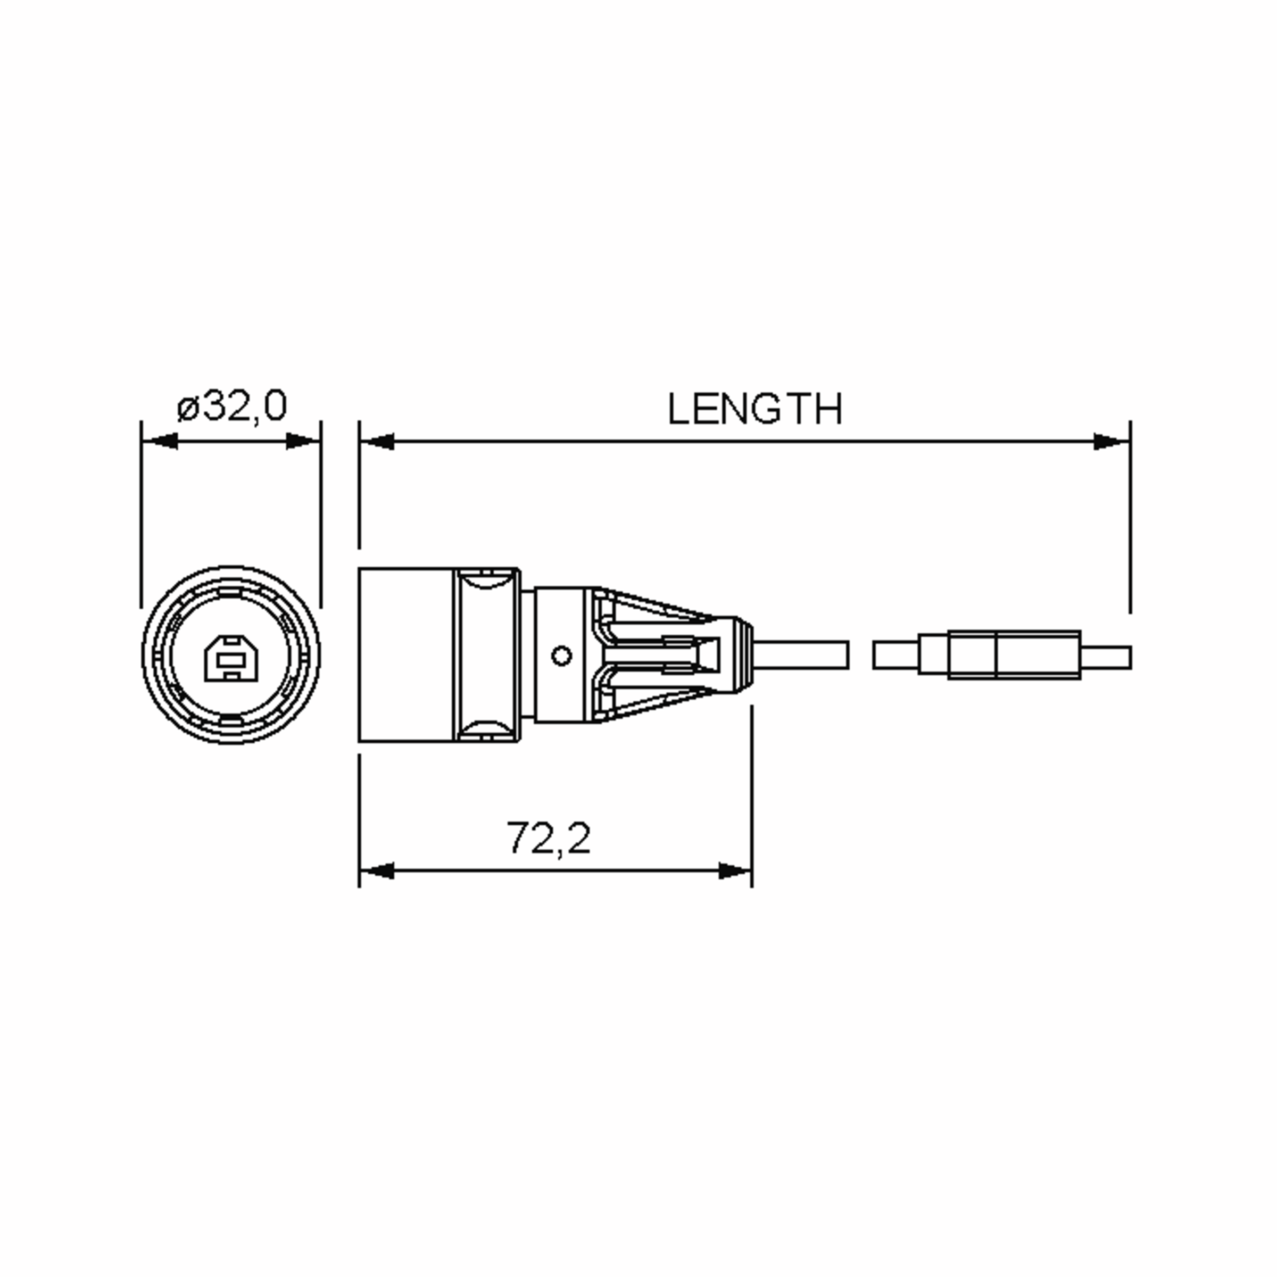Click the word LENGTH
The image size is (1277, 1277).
coord(755,409)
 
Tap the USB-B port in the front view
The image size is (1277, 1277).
coord(231,658)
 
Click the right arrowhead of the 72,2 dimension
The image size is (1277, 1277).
coord(734,871)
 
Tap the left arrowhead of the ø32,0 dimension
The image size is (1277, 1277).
coord(160,442)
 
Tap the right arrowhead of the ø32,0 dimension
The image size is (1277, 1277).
coord(303,442)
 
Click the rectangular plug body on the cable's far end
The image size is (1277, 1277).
coord(1013,655)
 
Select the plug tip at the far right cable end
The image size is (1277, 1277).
coord(1105,658)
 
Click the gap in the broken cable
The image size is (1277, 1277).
coord(860,655)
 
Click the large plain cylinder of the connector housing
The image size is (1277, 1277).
coord(404,655)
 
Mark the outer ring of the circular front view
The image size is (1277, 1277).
coord(147,654)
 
